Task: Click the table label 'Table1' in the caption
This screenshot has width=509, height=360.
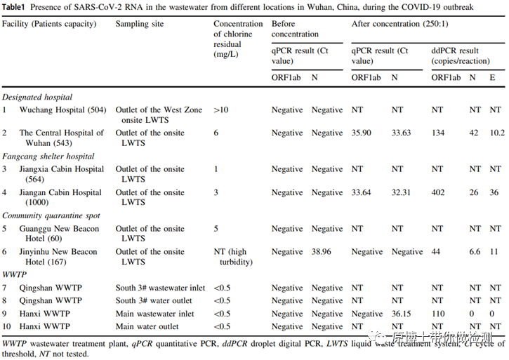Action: (x=15, y=8)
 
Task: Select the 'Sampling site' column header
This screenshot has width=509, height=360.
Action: (x=139, y=24)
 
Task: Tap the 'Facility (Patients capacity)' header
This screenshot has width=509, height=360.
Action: (x=49, y=24)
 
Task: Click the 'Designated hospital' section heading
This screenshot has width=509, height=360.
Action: (x=37, y=97)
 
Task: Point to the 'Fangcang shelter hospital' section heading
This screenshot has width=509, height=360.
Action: (x=48, y=156)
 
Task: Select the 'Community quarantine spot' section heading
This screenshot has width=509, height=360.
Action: (x=51, y=216)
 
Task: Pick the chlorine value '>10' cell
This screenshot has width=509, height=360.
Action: (x=222, y=109)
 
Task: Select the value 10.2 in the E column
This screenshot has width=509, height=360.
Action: (x=497, y=133)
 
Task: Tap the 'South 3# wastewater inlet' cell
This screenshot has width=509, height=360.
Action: (x=160, y=288)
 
